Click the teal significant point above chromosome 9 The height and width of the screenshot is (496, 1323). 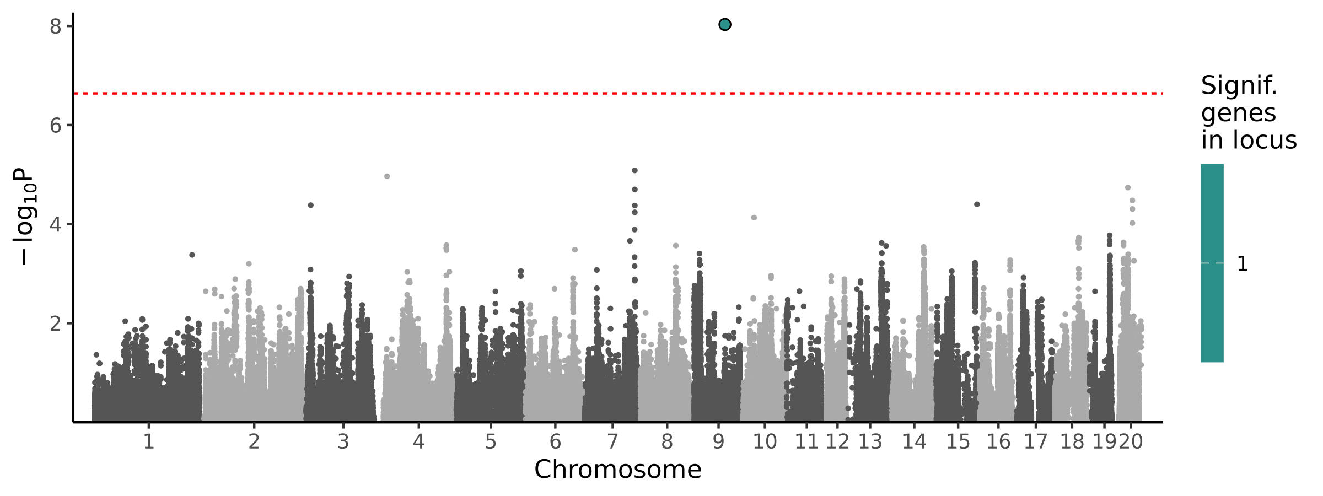point(725,24)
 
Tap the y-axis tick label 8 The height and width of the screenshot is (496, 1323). point(56,26)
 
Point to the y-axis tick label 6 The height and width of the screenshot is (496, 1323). point(56,126)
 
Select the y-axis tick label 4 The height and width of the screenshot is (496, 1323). point(56,225)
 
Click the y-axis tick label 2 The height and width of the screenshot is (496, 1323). point(56,324)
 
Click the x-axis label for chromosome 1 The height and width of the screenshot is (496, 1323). point(148,442)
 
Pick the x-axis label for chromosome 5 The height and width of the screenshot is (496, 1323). point(491,442)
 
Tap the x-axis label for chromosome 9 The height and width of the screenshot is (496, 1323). point(718,442)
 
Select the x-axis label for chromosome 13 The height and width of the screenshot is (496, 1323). point(870,442)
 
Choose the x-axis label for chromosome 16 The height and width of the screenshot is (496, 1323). point(998,442)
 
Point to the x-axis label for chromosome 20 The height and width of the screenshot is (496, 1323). point(1131,442)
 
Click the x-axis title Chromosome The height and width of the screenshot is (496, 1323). point(617,470)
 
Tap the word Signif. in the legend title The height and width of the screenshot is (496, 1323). point(1239,86)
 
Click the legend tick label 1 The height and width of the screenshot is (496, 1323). point(1243,264)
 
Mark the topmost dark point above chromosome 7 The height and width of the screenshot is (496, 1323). point(634,171)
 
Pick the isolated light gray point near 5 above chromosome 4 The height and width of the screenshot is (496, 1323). point(387,176)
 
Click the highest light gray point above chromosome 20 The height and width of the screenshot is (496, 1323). point(1128,188)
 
